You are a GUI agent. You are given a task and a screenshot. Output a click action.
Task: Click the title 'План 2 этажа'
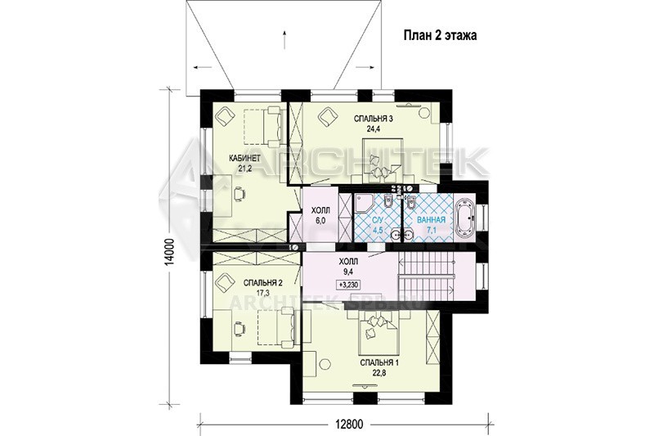[x=441, y=36]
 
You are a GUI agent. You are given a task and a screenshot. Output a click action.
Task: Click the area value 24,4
[x=374, y=128]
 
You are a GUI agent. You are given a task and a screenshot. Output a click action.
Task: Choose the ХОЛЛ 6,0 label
[x=320, y=215]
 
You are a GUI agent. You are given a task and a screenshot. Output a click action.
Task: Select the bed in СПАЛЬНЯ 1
[x=378, y=333]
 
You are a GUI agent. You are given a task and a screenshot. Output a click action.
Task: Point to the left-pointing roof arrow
[x=201, y=67]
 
